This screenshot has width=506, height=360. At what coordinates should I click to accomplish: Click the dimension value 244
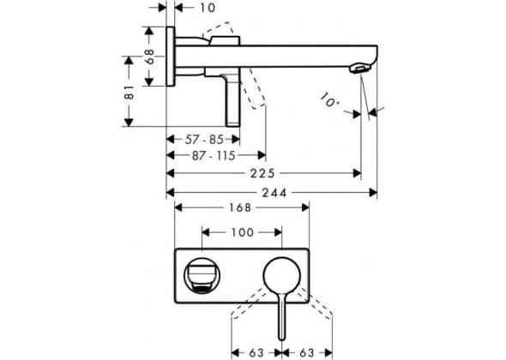(x=274, y=193)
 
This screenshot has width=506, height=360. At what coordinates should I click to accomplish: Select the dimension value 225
(x=262, y=173)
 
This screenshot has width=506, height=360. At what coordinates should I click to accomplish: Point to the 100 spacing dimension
(x=242, y=232)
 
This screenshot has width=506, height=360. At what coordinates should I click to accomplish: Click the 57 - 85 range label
(x=204, y=140)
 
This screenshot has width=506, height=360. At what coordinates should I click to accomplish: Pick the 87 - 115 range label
(x=214, y=156)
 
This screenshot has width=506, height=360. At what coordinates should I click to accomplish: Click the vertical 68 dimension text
(x=150, y=57)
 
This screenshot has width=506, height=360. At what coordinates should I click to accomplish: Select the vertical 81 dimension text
(x=130, y=92)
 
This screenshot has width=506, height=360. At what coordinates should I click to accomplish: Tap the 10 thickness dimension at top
(x=208, y=8)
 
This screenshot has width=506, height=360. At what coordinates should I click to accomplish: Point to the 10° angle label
(x=329, y=100)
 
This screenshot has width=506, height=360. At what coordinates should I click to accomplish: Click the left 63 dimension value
(x=256, y=352)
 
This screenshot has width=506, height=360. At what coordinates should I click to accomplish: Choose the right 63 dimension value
(x=307, y=352)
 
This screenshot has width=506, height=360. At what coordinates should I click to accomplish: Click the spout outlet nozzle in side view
(x=359, y=69)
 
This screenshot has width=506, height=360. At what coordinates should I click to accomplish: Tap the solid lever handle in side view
(x=232, y=100)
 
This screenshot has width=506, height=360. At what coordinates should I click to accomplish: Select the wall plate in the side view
(x=171, y=57)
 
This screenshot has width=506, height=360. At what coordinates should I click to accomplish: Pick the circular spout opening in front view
(x=202, y=276)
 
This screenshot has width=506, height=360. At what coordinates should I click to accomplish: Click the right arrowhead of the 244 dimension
(x=373, y=193)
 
